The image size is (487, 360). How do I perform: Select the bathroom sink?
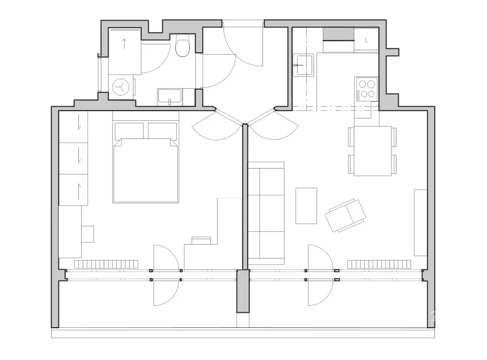click(x=169, y=97)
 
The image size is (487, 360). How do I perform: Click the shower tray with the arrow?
click(x=125, y=51)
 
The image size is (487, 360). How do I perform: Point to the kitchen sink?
click(x=303, y=65)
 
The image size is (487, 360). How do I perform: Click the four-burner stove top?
click(x=367, y=89)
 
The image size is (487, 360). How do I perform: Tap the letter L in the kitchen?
click(x=367, y=40)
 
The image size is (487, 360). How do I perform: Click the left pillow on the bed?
click(x=129, y=131)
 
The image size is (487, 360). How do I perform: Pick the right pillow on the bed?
click(x=163, y=131)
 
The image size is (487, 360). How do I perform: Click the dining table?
click(x=373, y=151)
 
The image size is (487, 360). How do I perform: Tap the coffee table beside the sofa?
click(x=306, y=206)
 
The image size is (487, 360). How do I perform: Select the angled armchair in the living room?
click(x=345, y=216)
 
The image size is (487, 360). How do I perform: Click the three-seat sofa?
click(x=266, y=213)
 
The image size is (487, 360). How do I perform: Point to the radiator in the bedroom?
click(x=106, y=265)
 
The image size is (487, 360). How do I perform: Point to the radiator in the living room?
click(x=379, y=265)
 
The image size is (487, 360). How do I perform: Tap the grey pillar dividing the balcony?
click(x=243, y=291)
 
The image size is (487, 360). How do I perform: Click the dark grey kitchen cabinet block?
click(x=338, y=34)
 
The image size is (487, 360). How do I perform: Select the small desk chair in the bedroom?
click(x=88, y=234)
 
